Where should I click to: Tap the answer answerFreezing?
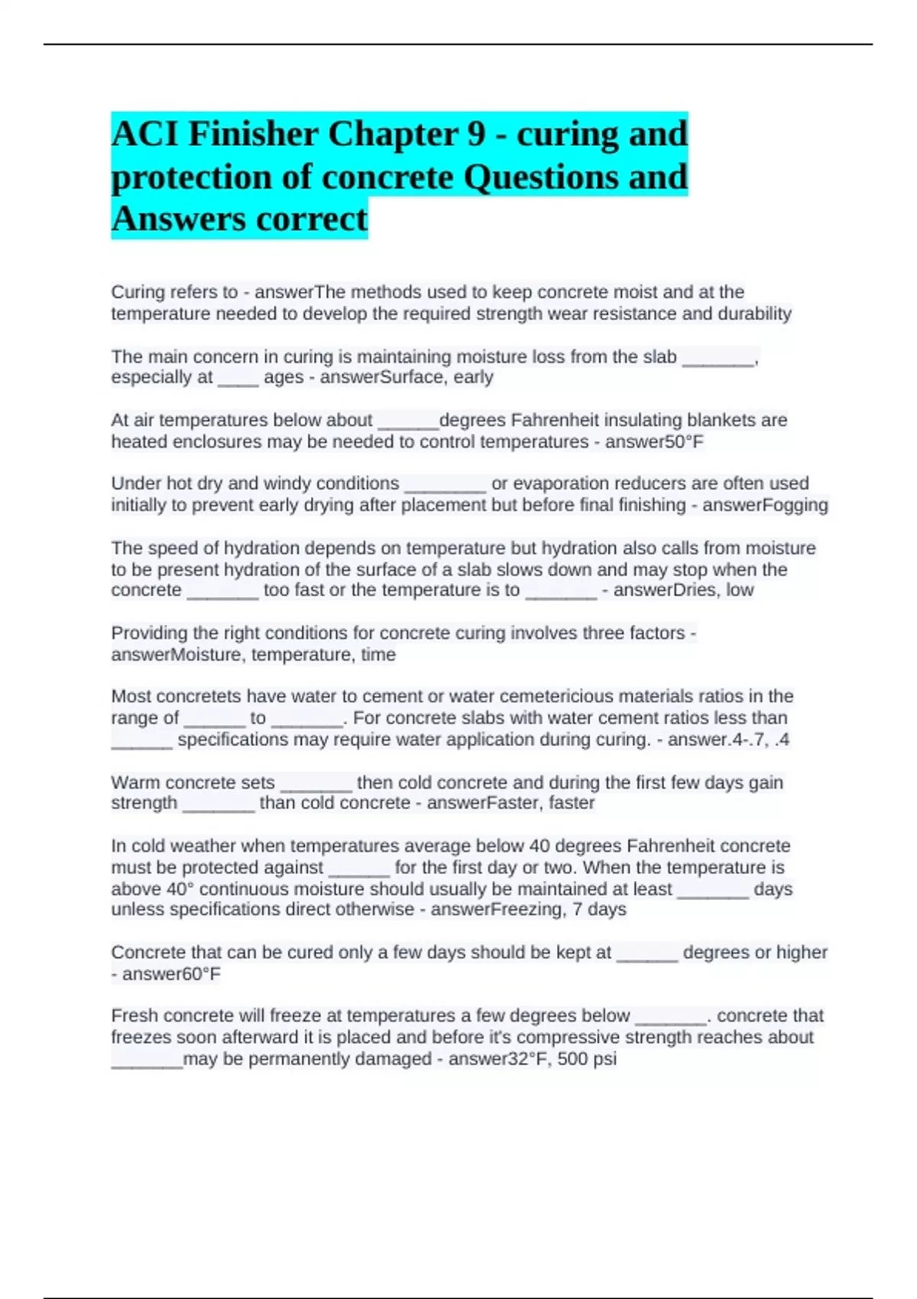(497, 909)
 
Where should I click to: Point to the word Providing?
(149, 633)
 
